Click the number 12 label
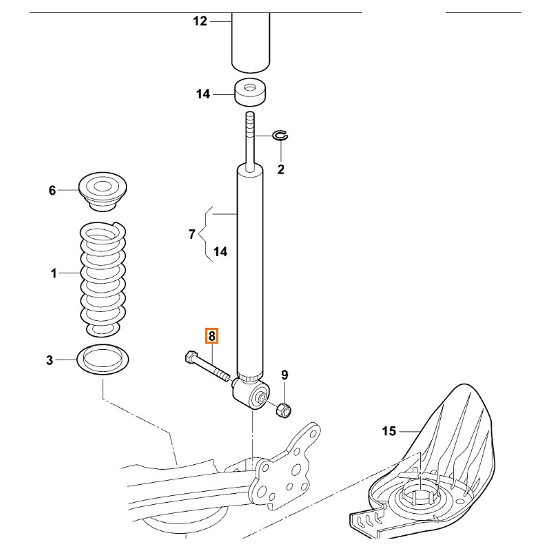coord(200,21)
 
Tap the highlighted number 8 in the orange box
coord(212,336)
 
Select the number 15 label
coord(389,431)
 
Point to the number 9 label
coord(284,375)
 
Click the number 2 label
coord(281,169)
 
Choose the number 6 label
coord(52,190)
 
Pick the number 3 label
coord(50,359)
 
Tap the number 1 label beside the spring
coord(53,274)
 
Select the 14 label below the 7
coord(220,252)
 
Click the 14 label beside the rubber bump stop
coord(202,94)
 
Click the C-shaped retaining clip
coord(281,136)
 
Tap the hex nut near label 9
coord(283,410)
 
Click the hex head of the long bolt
coord(191,357)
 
